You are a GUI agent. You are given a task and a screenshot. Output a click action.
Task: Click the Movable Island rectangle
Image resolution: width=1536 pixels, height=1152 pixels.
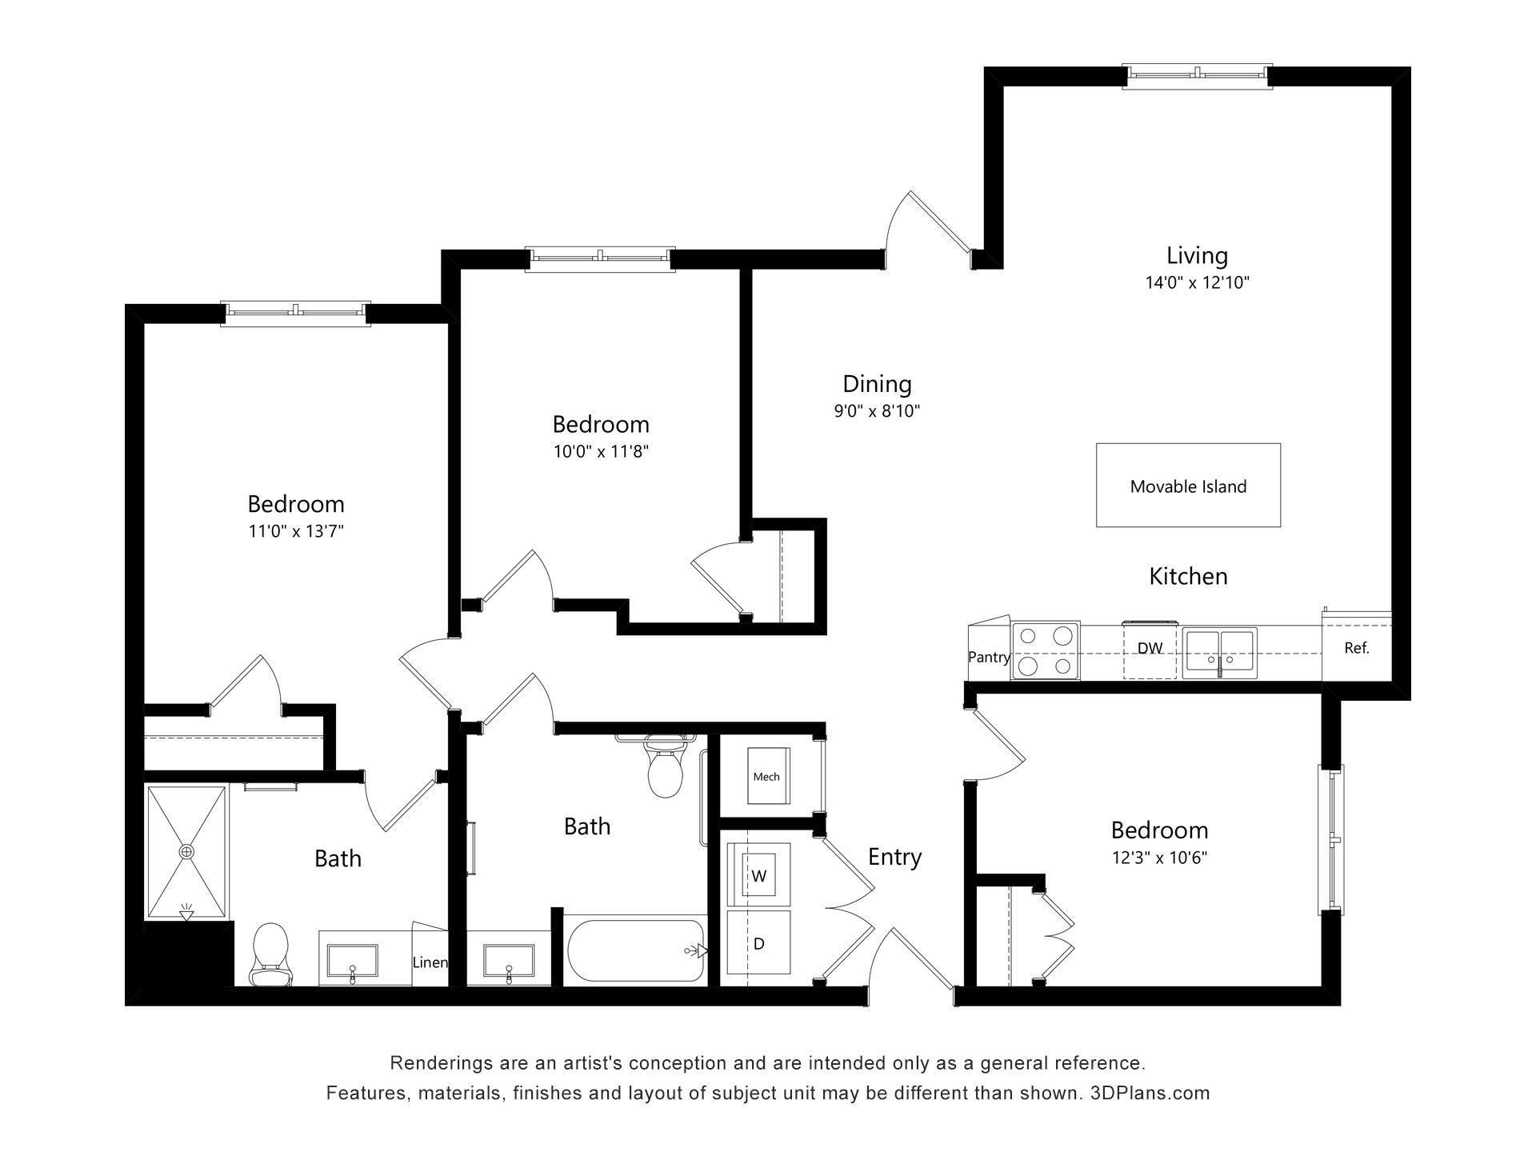[1188, 486]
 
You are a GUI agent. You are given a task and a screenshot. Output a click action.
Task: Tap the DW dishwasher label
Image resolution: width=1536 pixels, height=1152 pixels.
[1150, 648]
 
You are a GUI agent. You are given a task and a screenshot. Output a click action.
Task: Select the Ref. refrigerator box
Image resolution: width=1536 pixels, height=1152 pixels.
[1357, 648]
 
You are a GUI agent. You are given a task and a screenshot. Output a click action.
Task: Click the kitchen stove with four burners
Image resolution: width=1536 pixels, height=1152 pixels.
[1046, 650]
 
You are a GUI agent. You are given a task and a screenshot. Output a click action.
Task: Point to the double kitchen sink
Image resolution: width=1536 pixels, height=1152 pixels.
[1220, 650]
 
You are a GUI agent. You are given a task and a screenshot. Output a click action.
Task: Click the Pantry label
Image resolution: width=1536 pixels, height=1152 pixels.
[989, 657]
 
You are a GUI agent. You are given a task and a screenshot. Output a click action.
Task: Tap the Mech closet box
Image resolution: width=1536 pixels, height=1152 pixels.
[766, 776]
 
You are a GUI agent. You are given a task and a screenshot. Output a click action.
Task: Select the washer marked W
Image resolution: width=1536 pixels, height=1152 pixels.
[758, 875]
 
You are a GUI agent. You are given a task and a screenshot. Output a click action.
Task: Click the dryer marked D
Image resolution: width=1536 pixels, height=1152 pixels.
[758, 943]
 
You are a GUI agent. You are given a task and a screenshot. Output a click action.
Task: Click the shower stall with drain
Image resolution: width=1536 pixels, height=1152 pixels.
[186, 852]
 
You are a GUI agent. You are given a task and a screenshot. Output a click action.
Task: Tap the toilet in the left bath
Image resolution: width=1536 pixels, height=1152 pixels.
[270, 954]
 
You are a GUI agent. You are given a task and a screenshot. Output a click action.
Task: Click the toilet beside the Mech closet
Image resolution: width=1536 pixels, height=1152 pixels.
[664, 770]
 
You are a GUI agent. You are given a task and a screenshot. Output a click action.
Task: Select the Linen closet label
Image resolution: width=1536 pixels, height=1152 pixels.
[430, 962]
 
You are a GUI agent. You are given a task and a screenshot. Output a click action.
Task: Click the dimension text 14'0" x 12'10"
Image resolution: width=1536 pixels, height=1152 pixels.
[1197, 282]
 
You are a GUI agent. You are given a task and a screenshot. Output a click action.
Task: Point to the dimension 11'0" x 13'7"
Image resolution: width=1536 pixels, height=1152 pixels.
[296, 531]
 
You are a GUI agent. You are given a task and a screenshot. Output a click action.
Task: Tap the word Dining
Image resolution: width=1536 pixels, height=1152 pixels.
[877, 384]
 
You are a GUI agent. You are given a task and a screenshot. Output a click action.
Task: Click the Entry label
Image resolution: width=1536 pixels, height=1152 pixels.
[894, 857]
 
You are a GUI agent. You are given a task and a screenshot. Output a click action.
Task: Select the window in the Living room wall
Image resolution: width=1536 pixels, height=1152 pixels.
[1197, 74]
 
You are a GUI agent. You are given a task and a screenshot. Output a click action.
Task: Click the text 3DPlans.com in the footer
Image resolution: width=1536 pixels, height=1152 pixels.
[1150, 1093]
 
